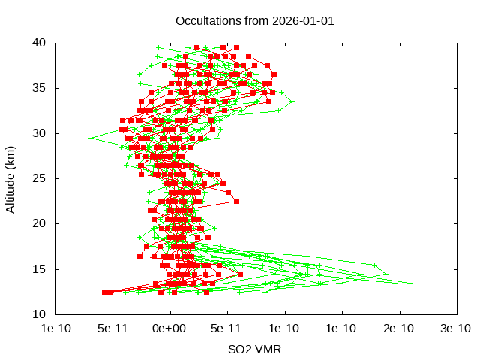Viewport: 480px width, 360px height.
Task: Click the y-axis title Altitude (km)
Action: coord(10,178)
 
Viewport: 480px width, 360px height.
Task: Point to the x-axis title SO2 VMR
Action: coord(255,349)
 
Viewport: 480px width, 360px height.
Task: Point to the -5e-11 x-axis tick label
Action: coord(112,328)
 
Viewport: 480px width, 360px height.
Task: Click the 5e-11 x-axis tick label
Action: coord(227,328)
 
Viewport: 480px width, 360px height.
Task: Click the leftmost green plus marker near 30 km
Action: coord(91,138)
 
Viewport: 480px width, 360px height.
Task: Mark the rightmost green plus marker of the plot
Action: coord(410,283)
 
